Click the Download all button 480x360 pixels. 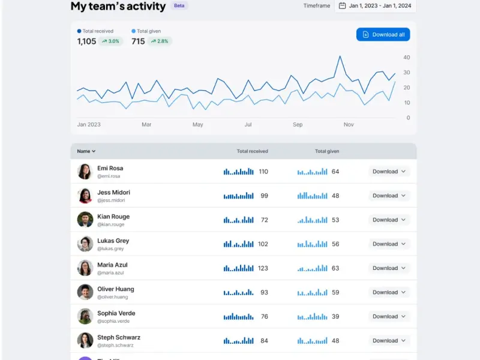point(383,35)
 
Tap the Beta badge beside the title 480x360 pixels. point(179,5)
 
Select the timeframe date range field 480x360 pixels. point(376,6)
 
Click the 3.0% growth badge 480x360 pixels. point(110,41)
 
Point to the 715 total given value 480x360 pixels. point(138,41)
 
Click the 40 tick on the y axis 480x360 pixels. point(407,57)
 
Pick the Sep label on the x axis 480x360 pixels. point(298,125)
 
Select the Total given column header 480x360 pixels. point(327,151)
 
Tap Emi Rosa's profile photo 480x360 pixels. point(85,172)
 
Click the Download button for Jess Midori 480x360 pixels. point(389,196)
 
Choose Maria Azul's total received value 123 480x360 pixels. point(263,268)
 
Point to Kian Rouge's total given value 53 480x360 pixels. point(335,220)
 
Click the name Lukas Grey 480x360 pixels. point(113,241)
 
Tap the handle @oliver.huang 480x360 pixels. point(113,297)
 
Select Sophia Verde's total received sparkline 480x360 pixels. point(238,317)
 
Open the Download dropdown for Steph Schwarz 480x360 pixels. point(389,341)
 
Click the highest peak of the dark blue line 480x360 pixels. point(340,56)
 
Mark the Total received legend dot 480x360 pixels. point(79,31)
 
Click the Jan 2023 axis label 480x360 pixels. point(89,125)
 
